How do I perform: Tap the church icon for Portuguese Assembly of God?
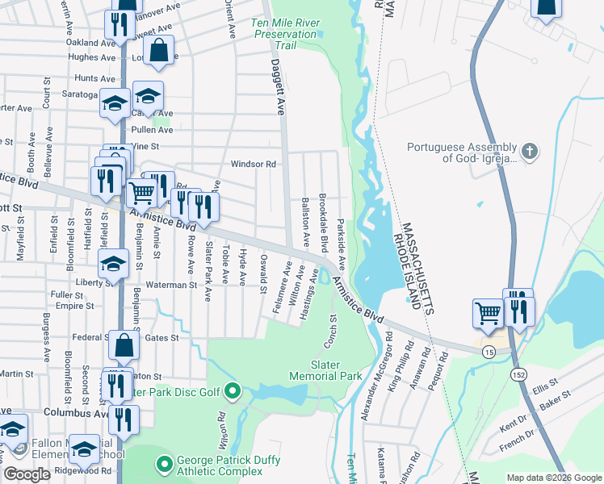point(528,152)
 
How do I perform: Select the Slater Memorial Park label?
point(326,369)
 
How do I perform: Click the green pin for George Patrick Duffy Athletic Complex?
point(165,464)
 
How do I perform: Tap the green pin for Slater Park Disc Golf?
point(233,392)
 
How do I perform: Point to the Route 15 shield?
point(489,353)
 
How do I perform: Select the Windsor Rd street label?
point(254,164)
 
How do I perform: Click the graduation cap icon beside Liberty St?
point(113,263)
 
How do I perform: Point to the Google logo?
point(27,474)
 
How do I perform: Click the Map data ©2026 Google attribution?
point(553,478)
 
